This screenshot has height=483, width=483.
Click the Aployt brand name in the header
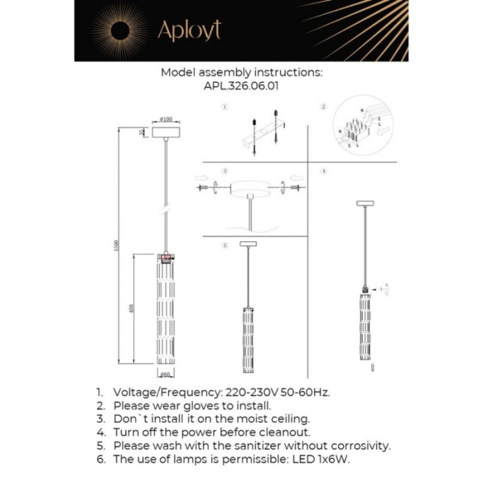[189, 31]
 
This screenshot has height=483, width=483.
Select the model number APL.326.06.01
[241, 87]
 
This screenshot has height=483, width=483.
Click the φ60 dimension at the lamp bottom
[166, 375]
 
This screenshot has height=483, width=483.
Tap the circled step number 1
[224, 108]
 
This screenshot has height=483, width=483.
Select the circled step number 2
[323, 108]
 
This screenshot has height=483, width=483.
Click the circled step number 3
[224, 170]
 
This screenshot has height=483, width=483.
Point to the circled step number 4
[323, 170]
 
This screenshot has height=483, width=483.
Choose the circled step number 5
[224, 246]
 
